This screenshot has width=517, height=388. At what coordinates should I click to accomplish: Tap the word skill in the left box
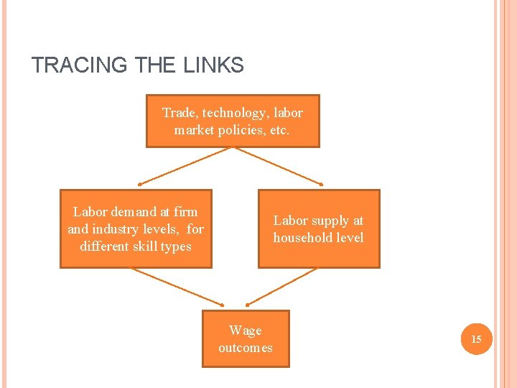click(x=152, y=246)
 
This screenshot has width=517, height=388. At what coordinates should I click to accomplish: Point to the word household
click(x=301, y=238)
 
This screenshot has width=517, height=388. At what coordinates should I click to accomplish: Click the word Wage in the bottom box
click(x=246, y=331)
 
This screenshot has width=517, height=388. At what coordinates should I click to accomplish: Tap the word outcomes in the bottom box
click(x=246, y=348)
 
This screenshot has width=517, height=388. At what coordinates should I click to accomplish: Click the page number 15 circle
click(x=476, y=338)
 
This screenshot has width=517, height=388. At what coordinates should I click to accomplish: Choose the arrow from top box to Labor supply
click(x=279, y=166)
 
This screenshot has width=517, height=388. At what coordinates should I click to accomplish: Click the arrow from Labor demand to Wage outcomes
click(x=177, y=285)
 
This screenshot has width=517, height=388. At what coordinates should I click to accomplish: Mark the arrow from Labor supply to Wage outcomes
click(x=281, y=285)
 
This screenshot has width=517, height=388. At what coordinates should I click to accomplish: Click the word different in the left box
click(x=106, y=246)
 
